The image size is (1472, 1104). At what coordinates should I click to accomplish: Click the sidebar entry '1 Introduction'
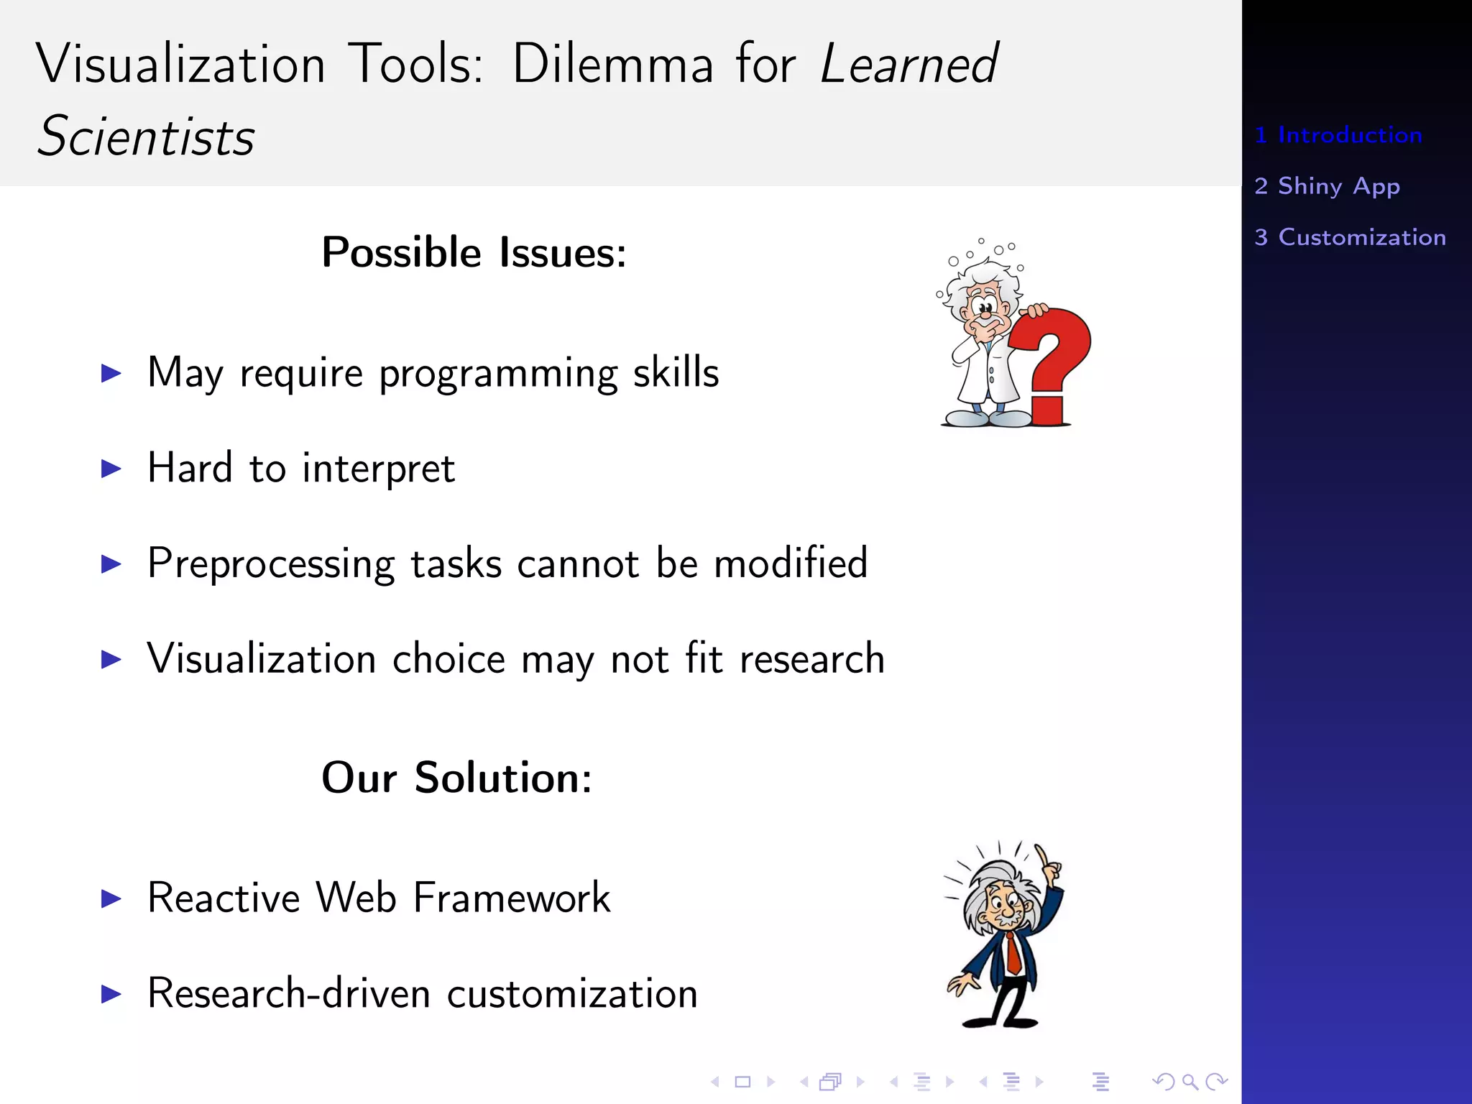(1338, 135)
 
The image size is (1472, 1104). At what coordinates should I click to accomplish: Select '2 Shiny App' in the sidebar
(1327, 186)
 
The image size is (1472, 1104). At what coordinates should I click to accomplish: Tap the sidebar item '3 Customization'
(1350, 237)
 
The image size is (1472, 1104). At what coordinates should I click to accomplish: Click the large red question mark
(1053, 352)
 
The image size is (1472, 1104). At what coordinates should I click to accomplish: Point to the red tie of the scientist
(1013, 952)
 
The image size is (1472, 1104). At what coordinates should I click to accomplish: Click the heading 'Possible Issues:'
(474, 253)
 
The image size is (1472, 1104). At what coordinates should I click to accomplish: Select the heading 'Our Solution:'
(456, 778)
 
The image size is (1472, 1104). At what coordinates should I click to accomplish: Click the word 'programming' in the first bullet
(498, 374)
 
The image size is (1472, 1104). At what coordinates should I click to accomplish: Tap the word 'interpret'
(378, 469)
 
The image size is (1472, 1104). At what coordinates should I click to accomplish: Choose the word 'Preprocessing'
(271, 564)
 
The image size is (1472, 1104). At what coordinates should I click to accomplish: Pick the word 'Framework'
(511, 898)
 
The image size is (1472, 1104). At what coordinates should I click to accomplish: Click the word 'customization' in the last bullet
(572, 994)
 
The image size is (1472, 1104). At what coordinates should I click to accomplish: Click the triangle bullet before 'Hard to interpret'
(111, 469)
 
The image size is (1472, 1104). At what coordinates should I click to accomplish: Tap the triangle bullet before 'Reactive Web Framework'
(111, 898)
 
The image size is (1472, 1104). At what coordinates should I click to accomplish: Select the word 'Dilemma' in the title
(612, 65)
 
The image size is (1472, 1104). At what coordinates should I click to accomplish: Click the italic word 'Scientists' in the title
(146, 137)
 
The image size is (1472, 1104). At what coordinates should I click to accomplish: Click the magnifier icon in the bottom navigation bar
(1190, 1081)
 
